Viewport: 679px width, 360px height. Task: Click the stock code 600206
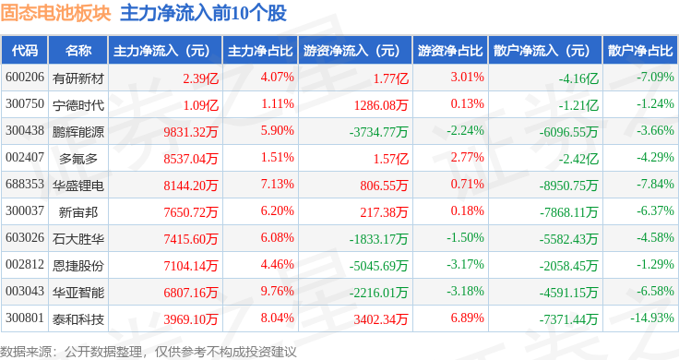(25, 78)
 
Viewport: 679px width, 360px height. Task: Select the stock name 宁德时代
(78, 105)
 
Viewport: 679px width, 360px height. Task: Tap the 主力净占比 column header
(260, 51)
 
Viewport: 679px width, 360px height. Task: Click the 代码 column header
(25, 51)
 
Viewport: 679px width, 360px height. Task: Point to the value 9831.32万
(191, 132)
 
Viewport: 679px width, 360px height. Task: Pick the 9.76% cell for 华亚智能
(277, 291)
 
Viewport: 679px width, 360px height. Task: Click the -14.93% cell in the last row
(651, 318)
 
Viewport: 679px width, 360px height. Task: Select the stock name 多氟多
(78, 159)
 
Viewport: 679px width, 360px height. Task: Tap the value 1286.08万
(381, 105)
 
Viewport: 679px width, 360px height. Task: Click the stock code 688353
(25, 184)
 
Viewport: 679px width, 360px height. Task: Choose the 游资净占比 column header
(450, 51)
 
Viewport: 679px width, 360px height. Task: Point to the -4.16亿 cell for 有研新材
(578, 78)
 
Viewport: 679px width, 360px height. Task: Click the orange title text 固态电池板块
(55, 13)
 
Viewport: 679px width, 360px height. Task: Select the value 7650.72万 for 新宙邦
(191, 211)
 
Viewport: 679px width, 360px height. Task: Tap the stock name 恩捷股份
(78, 266)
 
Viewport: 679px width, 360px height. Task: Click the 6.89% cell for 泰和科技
(467, 318)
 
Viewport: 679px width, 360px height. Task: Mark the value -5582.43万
(568, 239)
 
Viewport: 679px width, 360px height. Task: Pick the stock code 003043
(25, 291)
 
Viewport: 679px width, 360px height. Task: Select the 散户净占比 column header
(640, 51)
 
